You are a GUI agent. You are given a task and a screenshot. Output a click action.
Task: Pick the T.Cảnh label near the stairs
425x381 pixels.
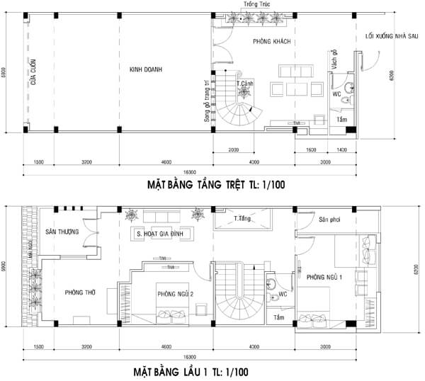tap(246, 84)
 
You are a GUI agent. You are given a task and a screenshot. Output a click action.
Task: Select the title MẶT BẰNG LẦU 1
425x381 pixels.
tap(191, 370)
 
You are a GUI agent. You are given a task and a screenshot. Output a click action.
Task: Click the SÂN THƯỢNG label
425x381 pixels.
tap(62, 232)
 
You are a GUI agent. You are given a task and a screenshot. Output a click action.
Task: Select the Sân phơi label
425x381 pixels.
tap(330, 220)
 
